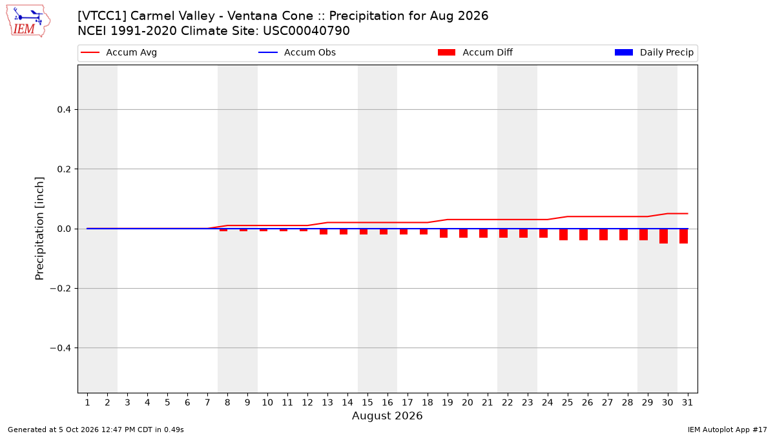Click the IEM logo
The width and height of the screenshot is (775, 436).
[28, 21]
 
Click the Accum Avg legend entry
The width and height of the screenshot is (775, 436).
[119, 52]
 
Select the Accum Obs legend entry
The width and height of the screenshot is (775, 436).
[297, 52]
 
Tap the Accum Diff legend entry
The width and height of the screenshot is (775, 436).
[475, 52]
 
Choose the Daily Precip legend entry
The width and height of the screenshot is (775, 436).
[654, 52]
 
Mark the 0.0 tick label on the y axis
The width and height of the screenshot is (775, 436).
[64, 229]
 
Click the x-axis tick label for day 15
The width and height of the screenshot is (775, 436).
[367, 403]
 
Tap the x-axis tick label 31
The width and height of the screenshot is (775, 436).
[687, 403]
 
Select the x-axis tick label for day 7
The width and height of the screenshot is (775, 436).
[207, 403]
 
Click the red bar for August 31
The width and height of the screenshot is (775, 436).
[684, 236]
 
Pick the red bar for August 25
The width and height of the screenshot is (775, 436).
[564, 234]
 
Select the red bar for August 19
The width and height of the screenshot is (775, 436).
[444, 233]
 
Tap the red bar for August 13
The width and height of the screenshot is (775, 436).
[324, 232]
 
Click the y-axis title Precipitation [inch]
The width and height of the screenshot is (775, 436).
[39, 229]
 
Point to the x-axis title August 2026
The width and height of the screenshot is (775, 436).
[387, 415]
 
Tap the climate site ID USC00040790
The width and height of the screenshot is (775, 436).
[306, 31]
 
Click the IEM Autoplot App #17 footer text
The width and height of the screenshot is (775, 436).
[727, 430]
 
